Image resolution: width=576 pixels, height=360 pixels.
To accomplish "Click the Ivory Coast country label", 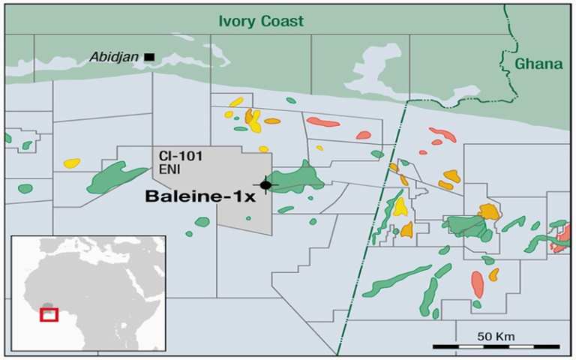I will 261,21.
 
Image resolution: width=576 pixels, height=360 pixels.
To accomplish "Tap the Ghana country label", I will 538,64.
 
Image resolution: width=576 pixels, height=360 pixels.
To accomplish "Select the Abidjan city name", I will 115,57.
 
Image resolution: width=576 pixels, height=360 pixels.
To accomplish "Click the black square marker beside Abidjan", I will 149,56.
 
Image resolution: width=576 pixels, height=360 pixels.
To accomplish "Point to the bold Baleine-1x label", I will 202,197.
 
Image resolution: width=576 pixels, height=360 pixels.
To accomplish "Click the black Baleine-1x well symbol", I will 265,184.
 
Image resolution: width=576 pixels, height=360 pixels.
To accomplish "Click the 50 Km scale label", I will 495,334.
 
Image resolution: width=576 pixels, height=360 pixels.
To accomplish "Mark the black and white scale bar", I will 496,346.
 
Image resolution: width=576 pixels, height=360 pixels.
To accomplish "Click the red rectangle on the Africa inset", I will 49,314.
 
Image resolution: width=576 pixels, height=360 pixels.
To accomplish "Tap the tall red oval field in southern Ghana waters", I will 477,285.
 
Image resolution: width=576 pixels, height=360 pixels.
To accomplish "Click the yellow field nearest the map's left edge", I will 72,163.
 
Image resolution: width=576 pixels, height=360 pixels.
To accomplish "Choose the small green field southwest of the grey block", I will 202,222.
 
